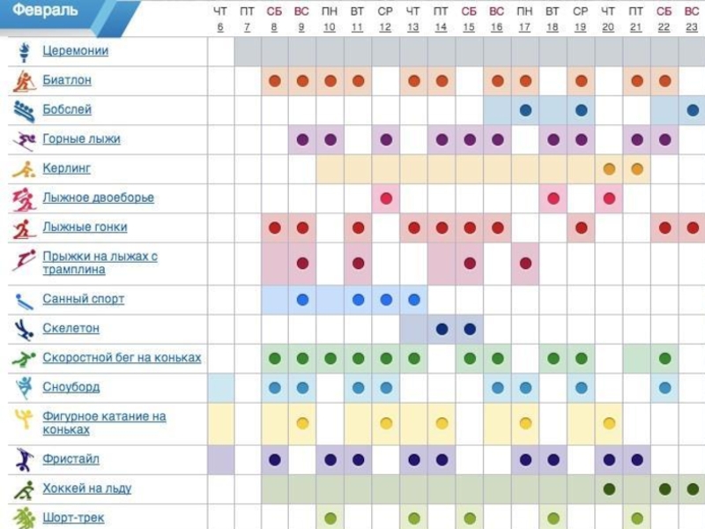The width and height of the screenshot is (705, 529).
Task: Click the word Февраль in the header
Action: point(45,11)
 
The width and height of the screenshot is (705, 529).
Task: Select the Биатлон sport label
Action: point(67,80)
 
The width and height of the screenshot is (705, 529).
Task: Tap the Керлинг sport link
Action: point(67,168)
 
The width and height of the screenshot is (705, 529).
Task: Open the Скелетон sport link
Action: point(70,328)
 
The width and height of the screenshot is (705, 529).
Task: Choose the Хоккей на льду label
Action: point(86,488)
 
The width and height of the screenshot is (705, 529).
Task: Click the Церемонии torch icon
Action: point(22,51)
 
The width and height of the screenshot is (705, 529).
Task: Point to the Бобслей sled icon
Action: point(23,110)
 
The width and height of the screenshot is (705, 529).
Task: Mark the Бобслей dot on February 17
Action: point(525,110)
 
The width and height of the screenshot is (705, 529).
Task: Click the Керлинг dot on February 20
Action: point(609,168)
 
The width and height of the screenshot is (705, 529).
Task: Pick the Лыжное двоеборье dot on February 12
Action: point(385,197)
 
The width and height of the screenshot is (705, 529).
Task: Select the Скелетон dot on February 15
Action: point(470,329)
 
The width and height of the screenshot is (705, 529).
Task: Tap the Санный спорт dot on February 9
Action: point(302,299)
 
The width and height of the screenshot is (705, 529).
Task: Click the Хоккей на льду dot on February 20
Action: point(609,488)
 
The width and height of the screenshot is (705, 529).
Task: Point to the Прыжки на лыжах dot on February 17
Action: point(525,263)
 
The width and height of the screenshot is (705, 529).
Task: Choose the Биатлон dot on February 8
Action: point(274,81)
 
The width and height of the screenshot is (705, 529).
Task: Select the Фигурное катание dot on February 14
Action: point(442,423)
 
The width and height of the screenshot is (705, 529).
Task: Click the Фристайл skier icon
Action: point(23,459)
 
